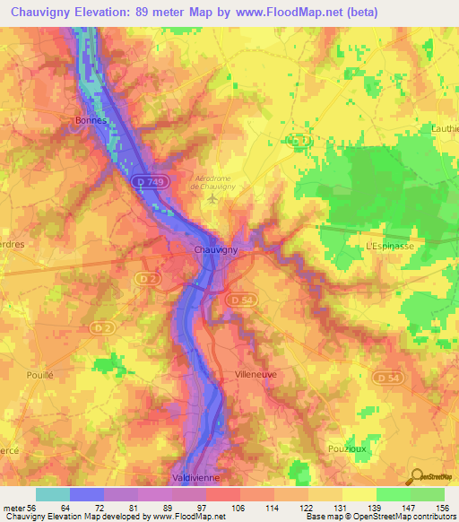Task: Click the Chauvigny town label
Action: point(216,251)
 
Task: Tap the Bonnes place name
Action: point(91,120)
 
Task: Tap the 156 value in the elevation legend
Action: point(443,508)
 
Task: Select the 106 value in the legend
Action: point(239,508)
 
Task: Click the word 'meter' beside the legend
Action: point(14,508)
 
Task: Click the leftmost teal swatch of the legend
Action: point(53,494)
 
